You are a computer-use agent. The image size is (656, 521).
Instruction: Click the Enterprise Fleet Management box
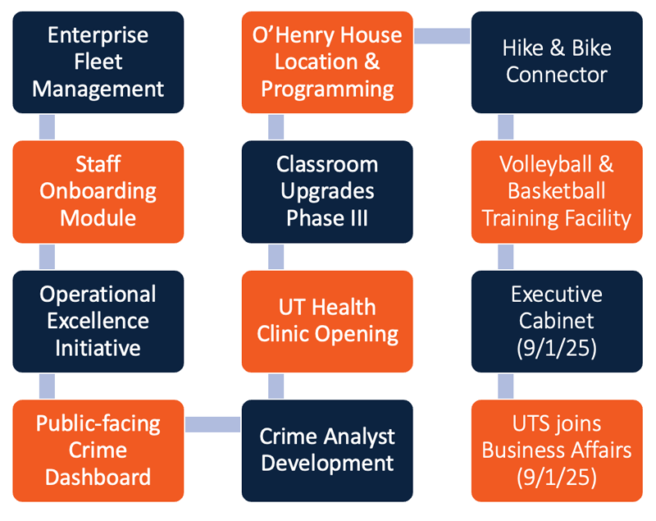98,62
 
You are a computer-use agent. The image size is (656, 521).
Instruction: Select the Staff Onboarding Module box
98,192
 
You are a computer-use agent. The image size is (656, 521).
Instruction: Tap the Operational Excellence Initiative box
98,322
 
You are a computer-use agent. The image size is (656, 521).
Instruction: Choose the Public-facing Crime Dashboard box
98,450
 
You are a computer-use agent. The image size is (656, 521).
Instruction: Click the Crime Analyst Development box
327,450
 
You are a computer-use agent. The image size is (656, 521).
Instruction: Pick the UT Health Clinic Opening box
327,322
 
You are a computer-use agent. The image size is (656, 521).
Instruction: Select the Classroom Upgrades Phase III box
327,192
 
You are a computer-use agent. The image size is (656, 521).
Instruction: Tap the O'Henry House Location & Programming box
327,62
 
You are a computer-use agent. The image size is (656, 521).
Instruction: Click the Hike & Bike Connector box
557,62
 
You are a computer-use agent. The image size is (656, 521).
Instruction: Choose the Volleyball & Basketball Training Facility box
557,192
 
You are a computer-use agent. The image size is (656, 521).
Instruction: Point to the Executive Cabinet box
557,322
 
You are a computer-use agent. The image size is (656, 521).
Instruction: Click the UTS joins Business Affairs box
557,450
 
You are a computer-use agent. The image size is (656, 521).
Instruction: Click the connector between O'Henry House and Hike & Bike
442,36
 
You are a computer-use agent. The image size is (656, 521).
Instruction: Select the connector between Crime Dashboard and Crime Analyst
213,424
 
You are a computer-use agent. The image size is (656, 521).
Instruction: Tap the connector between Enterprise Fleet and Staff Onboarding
47,127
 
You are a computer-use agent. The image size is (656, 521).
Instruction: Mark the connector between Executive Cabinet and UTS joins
506,386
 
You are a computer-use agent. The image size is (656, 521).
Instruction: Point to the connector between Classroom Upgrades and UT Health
276,257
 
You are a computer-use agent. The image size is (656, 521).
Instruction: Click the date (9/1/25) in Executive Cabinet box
557,348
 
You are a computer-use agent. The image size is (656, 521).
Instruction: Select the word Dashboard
98,477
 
